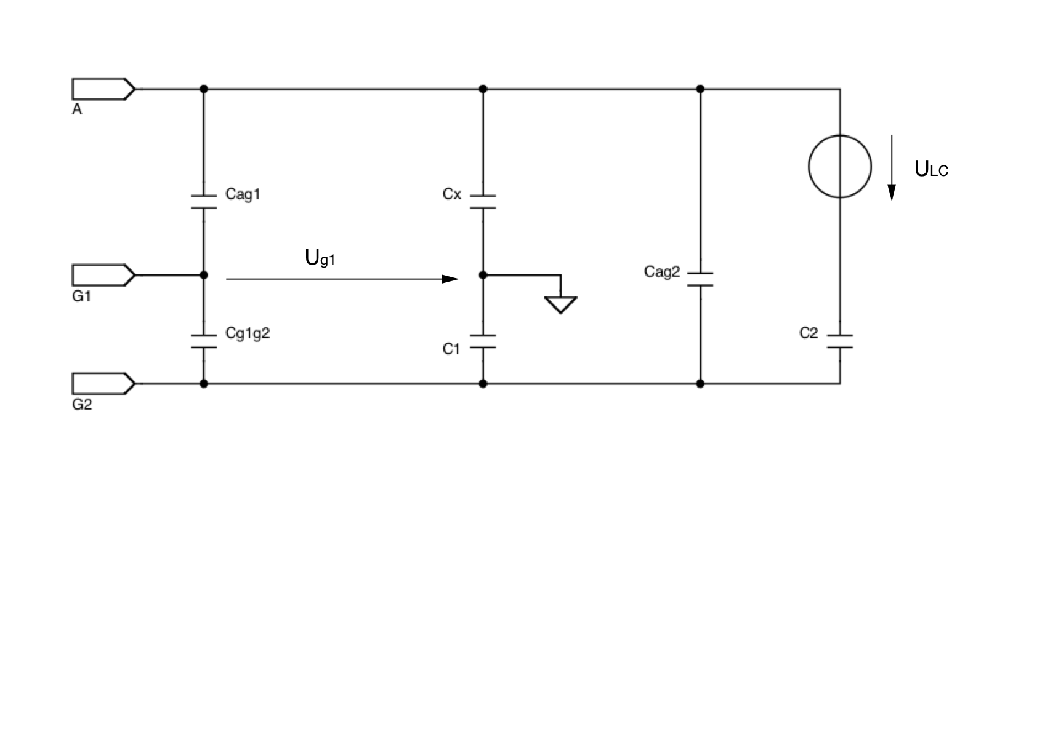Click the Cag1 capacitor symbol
coord(204,202)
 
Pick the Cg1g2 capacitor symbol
coord(204,341)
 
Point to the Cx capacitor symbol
coord(483,202)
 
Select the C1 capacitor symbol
coord(483,341)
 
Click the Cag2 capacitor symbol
coord(700,279)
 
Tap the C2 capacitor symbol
coord(840,341)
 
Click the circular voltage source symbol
coord(840,166)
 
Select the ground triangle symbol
coord(560,304)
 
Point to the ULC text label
coord(931,169)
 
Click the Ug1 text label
coord(320,258)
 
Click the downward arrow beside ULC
coord(890,169)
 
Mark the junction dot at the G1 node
coord(204,275)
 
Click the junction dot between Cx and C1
coord(483,275)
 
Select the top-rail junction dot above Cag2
coord(700,89)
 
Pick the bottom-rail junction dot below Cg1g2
coord(204,383)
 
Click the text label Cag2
coord(662,271)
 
